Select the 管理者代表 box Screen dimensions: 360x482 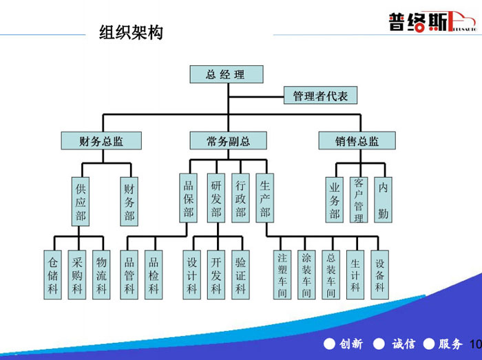click(x=321, y=96)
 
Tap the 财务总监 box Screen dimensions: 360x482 click(x=101, y=141)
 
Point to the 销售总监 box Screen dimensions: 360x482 click(x=357, y=141)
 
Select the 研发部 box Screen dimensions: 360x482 click(x=216, y=199)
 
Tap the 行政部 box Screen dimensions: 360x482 click(x=240, y=199)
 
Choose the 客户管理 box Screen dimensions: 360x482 click(x=358, y=200)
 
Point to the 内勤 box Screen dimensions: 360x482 click(x=383, y=200)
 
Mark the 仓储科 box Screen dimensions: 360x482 click(x=53, y=275)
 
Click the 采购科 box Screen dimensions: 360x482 click(x=77, y=275)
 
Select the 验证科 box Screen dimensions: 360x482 click(x=240, y=275)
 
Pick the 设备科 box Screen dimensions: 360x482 click(x=379, y=275)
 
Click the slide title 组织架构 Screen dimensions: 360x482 click(x=131, y=32)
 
